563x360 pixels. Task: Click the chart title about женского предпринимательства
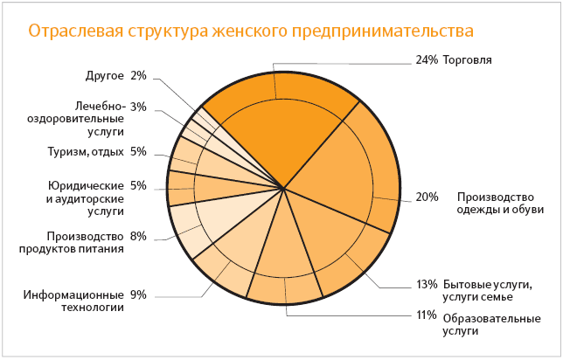coord(251,31)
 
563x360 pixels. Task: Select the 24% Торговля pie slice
coord(280,122)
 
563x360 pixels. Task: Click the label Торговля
coord(467,60)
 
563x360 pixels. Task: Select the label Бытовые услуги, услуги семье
coord(489,291)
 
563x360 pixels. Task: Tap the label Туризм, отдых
coord(85,151)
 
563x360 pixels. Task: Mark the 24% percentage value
coord(425,60)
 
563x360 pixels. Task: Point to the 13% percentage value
coord(427,284)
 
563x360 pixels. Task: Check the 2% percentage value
coord(138,75)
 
